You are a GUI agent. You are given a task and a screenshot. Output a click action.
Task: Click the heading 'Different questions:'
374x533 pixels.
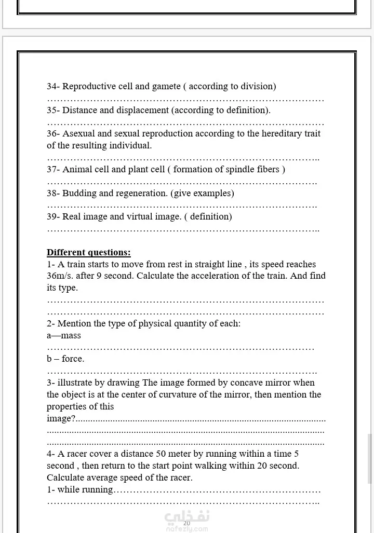click(x=88, y=253)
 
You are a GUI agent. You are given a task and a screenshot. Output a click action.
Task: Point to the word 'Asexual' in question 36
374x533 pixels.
click(x=78, y=134)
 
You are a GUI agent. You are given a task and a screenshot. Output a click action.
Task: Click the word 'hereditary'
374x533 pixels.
click(x=272, y=134)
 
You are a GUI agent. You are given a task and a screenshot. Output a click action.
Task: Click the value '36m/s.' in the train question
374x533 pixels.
click(x=60, y=276)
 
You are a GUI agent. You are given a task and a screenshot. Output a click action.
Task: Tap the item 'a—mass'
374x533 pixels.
click(x=64, y=336)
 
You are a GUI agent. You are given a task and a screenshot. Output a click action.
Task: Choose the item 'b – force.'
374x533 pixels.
click(x=65, y=359)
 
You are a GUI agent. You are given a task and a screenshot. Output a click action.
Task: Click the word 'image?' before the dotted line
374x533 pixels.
click(x=61, y=419)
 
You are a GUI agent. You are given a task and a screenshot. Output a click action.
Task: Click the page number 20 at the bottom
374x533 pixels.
click(x=186, y=523)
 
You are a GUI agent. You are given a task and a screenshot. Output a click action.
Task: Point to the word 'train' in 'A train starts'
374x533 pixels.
click(x=77, y=265)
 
